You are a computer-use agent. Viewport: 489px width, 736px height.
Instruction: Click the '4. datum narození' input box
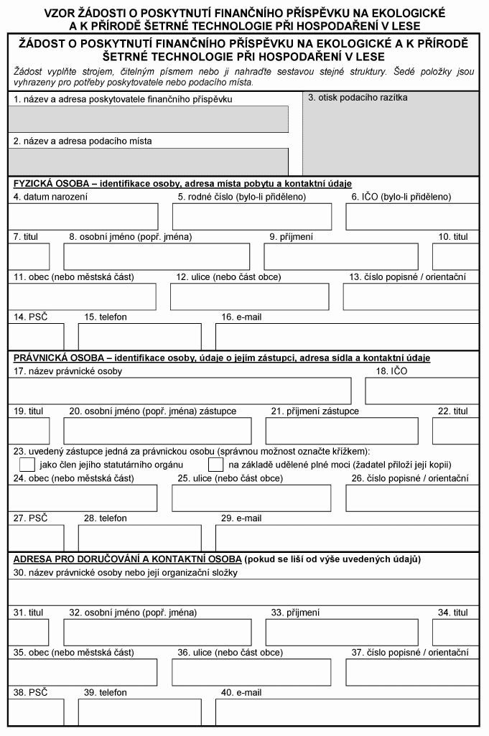[x=83, y=216]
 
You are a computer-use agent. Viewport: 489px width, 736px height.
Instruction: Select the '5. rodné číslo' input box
[x=252, y=216]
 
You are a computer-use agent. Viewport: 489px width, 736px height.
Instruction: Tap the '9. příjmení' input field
[x=341, y=256]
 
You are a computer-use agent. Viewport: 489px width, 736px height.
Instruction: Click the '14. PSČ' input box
[x=36, y=336]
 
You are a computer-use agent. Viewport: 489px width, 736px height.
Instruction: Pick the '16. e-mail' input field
[x=347, y=336]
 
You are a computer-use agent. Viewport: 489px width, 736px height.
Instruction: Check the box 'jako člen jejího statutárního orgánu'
[x=27, y=465]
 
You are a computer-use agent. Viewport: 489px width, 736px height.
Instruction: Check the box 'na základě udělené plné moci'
[x=215, y=465]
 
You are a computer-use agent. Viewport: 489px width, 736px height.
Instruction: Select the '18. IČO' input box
[x=422, y=391]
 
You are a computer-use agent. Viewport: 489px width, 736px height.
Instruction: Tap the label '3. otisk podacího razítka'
[x=358, y=97]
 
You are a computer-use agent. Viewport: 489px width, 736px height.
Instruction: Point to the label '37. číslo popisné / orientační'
[x=409, y=653]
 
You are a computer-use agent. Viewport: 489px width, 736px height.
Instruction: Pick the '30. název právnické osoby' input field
[x=243, y=591]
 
